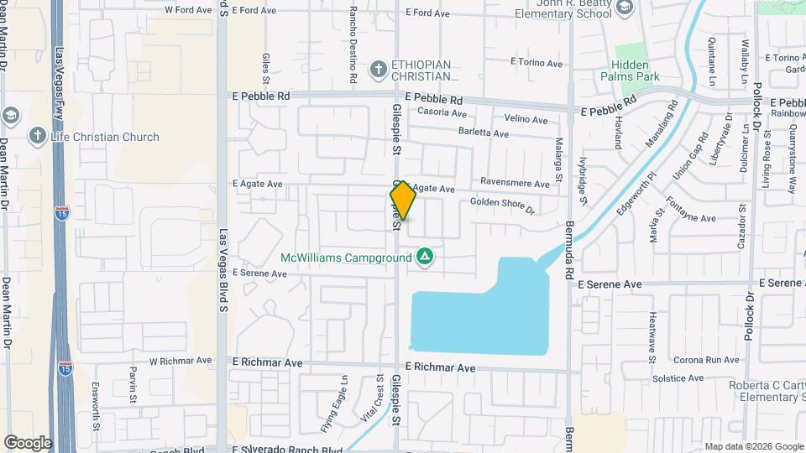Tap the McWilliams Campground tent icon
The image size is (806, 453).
coord(426,257)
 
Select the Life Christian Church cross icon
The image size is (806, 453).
coord(37,136)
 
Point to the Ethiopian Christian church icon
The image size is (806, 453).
coord(379,67)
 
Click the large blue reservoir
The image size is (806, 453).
coord(479,315)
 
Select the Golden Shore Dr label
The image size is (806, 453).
coord(502,203)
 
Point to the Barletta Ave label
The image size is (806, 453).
coord(484,133)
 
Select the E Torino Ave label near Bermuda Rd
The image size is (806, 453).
coord(536,63)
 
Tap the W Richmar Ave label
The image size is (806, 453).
coord(178,362)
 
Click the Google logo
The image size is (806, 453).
coord(28,443)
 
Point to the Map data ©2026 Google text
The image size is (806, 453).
coord(753,446)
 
